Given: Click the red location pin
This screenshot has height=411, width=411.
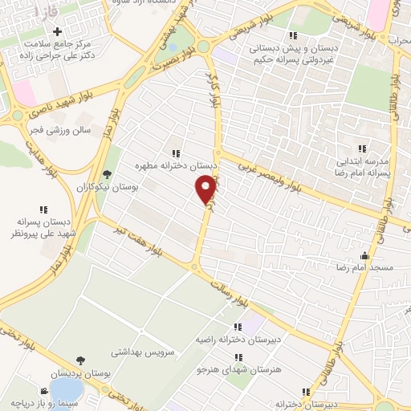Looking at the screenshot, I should tap(206, 188).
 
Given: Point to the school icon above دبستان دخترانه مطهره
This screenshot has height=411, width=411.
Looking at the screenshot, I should tap(175, 153).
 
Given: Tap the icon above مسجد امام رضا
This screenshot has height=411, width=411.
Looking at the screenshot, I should tap(376, 251).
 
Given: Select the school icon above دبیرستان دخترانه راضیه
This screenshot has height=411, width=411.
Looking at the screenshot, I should tap(238, 327).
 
